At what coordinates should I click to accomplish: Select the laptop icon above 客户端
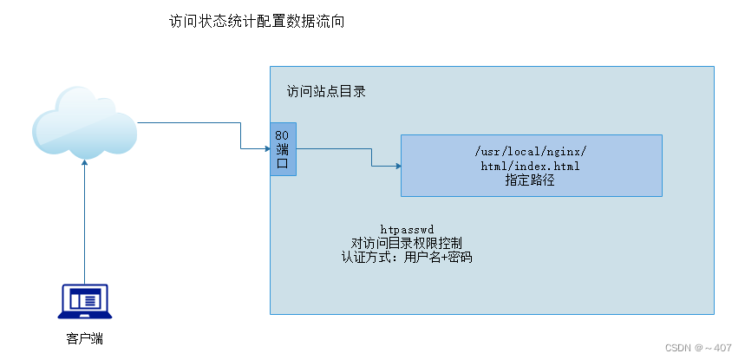point(85,300)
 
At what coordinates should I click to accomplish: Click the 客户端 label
point(85,338)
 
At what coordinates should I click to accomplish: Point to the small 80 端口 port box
point(283,149)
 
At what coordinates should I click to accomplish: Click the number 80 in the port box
point(283,135)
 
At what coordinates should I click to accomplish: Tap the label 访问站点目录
point(326,91)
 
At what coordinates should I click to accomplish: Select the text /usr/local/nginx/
point(531,151)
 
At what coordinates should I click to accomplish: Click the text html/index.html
point(531,166)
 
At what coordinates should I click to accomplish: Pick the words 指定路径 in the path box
point(531,180)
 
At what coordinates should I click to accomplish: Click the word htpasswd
point(407,229)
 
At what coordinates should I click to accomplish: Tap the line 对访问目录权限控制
point(407,243)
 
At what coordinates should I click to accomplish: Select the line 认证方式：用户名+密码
point(407,257)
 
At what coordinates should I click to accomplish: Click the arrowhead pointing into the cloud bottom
point(85,162)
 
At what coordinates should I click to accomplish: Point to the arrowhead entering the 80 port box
point(266,149)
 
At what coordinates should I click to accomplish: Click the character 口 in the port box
point(283,163)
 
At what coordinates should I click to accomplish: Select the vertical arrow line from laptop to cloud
point(85,226)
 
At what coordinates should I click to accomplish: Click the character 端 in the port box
point(283,149)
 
